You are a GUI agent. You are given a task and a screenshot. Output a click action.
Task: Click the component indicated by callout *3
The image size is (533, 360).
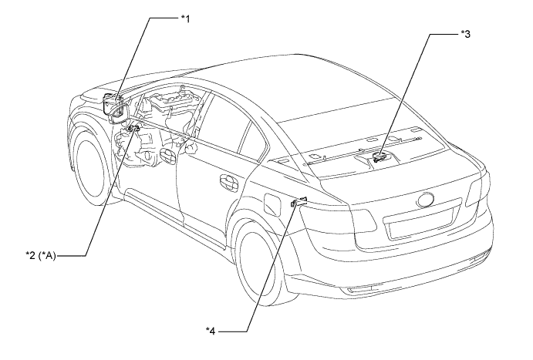click(x=379, y=156)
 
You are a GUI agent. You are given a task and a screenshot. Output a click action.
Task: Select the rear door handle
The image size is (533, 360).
click(x=229, y=183)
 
